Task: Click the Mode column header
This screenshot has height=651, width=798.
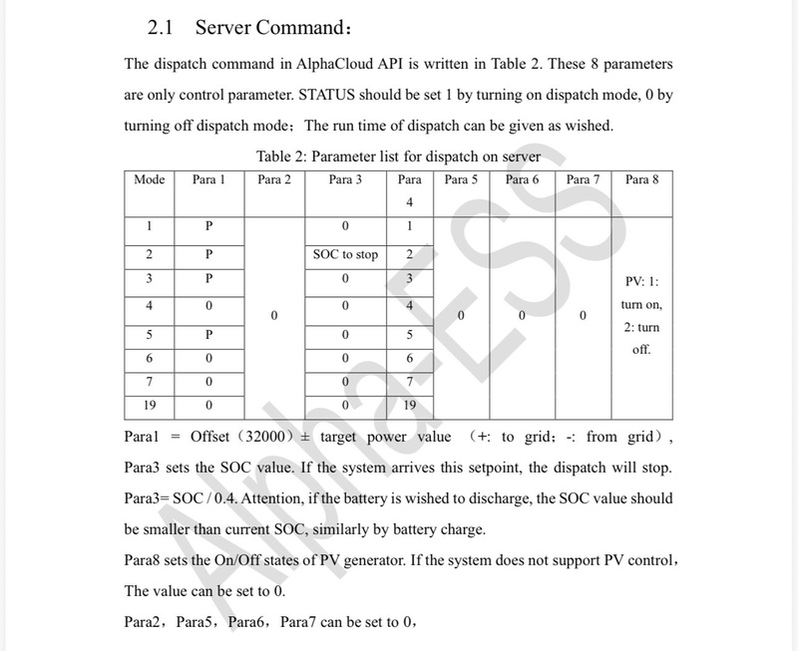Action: pyautogui.click(x=149, y=179)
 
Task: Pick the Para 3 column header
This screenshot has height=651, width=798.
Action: pyautogui.click(x=345, y=179)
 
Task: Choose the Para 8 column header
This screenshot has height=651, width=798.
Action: pyautogui.click(x=641, y=179)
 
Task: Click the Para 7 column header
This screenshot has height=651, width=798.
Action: pyautogui.click(x=583, y=179)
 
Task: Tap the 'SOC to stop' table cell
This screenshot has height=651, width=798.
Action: pyautogui.click(x=345, y=254)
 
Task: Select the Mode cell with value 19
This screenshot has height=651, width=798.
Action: pyautogui.click(x=149, y=407)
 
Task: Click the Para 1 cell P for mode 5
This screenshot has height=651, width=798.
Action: pyautogui.click(x=209, y=332)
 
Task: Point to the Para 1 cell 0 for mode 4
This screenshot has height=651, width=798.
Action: pyautogui.click(x=209, y=305)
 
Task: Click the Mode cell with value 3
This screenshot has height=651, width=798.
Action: pyautogui.click(x=149, y=279)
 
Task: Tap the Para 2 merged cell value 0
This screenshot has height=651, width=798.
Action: pyautogui.click(x=273, y=316)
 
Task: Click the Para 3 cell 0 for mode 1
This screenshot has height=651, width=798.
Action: pyautogui.click(x=345, y=226)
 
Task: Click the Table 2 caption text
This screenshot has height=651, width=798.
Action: pyautogui.click(x=398, y=156)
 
